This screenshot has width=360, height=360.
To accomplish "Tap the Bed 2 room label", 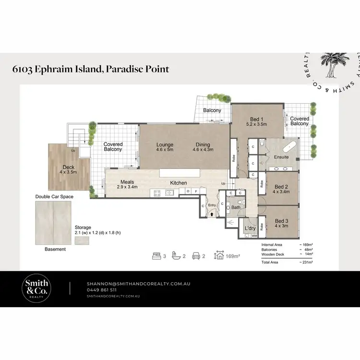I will (281, 187).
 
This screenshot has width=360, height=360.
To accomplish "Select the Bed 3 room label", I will (281, 221).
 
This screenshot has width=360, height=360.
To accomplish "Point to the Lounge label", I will (165, 144).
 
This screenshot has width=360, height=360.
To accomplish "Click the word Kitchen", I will (178, 183).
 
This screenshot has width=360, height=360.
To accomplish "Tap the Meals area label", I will (127, 181).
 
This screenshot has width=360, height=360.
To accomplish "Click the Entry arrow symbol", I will (212, 215).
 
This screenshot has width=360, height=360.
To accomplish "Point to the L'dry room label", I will (250, 228).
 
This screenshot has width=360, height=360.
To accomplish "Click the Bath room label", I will (235, 208).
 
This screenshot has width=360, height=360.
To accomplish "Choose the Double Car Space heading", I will (53, 197).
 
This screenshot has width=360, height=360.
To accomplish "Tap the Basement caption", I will (55, 249).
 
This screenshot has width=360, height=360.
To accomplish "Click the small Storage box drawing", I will (82, 240).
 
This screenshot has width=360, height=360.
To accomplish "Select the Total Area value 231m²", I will (306, 262).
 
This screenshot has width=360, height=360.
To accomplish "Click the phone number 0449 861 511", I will (101, 290).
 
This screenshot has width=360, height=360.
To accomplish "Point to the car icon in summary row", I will (196, 256).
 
